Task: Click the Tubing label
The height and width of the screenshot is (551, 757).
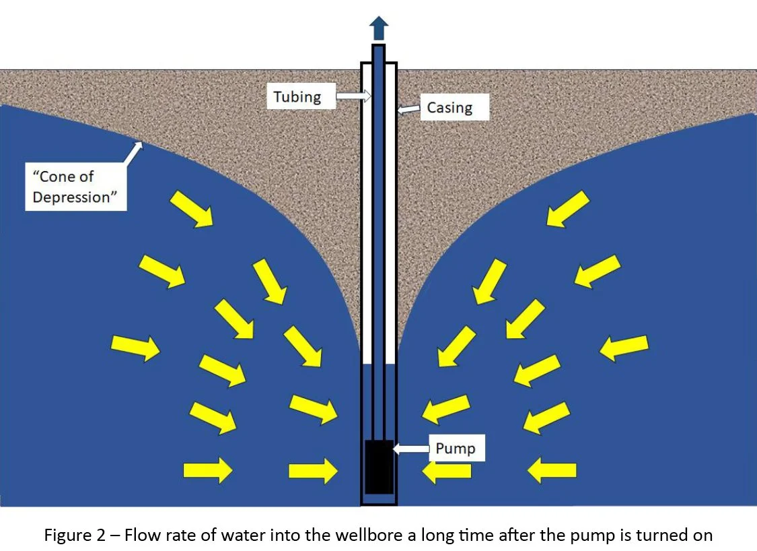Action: point(297,97)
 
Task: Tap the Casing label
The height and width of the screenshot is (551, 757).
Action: point(449,108)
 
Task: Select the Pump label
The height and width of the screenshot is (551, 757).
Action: point(455,448)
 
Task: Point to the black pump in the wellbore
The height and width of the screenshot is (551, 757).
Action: point(378,467)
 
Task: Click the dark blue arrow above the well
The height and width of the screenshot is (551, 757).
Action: point(379,28)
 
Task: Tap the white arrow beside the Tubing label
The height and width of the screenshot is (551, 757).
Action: point(353,97)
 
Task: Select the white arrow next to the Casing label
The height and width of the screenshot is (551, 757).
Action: point(408,108)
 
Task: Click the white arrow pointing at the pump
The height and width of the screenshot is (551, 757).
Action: point(410,449)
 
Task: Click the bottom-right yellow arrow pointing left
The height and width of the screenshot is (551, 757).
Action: point(552,470)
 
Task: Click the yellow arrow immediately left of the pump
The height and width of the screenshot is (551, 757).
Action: point(313,470)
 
